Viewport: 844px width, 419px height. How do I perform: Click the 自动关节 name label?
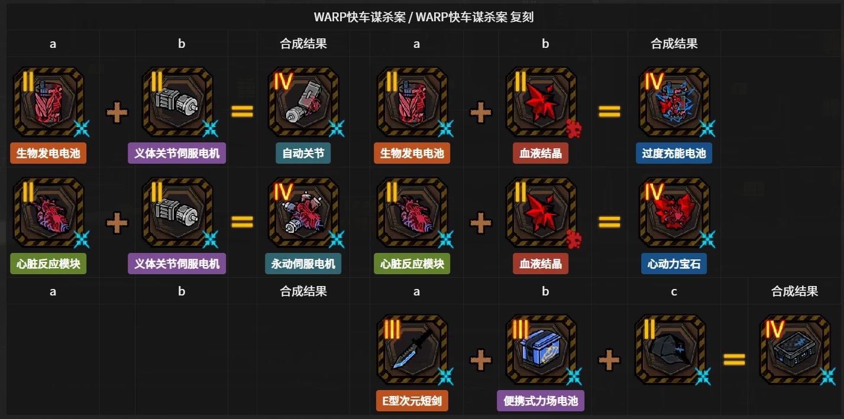click(x=303, y=153)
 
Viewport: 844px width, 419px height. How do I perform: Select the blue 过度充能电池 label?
click(x=674, y=153)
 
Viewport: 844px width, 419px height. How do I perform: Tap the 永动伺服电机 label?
click(x=303, y=264)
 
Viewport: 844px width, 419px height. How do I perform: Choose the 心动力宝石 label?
click(x=674, y=264)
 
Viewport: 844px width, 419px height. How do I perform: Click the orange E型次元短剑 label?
click(x=412, y=401)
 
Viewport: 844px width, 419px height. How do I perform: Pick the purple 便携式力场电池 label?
click(x=541, y=401)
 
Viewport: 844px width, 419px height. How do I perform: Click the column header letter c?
click(x=674, y=291)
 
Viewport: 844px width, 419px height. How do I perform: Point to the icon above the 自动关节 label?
click(x=303, y=102)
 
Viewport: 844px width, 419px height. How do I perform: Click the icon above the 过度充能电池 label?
click(x=674, y=102)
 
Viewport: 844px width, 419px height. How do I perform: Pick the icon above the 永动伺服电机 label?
click(x=303, y=212)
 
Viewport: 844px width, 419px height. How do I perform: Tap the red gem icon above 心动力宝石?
click(x=674, y=212)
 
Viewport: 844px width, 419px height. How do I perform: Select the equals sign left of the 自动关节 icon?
click(x=242, y=111)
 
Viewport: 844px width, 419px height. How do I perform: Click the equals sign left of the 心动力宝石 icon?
click(x=609, y=222)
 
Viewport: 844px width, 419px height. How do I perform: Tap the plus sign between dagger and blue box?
click(x=481, y=360)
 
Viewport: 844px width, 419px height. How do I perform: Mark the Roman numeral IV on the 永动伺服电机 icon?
click(x=283, y=191)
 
